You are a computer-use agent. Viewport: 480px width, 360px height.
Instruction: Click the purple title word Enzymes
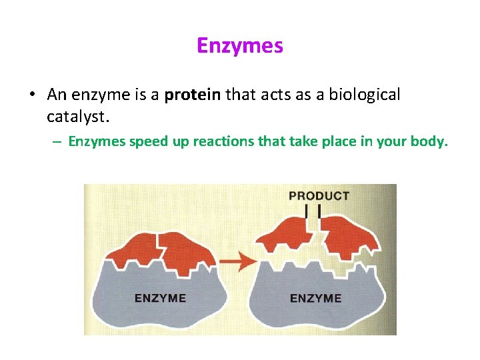tap(240, 46)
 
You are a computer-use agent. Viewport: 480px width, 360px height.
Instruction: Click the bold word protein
tap(192, 95)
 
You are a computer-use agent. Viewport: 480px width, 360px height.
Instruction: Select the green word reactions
tap(220, 141)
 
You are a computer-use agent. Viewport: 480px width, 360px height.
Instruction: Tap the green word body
tap(429, 141)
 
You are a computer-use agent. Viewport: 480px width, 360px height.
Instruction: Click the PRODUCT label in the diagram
tap(318, 196)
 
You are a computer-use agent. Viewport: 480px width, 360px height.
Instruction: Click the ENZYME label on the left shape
tap(160, 298)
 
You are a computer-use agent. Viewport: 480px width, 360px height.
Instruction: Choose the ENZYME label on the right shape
tap(315, 298)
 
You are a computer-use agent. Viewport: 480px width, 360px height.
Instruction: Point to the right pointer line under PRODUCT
tap(321, 211)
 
